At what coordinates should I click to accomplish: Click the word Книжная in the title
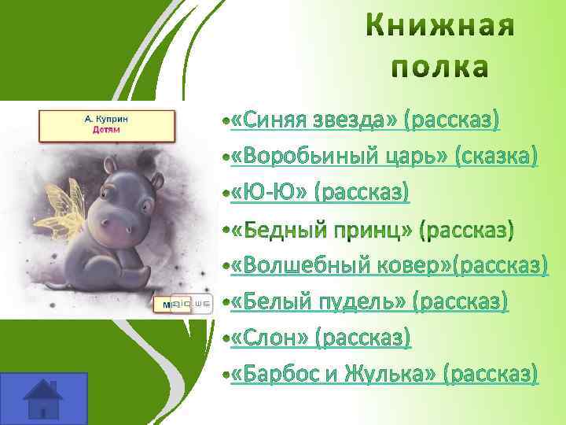(441, 28)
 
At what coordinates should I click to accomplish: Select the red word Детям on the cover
(106, 129)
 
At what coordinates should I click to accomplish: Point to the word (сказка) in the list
(494, 157)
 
